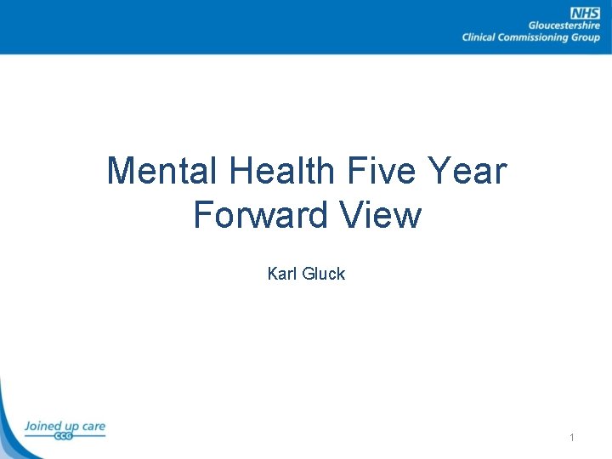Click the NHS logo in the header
coord(585,13)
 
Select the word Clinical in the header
coord(482,37)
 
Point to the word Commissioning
coord(536,37)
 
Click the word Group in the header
coord(586,37)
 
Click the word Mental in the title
coord(161,171)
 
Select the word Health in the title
coord(280,171)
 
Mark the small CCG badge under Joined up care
coord(64,436)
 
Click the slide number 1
coord(572,437)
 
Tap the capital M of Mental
coord(122,171)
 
